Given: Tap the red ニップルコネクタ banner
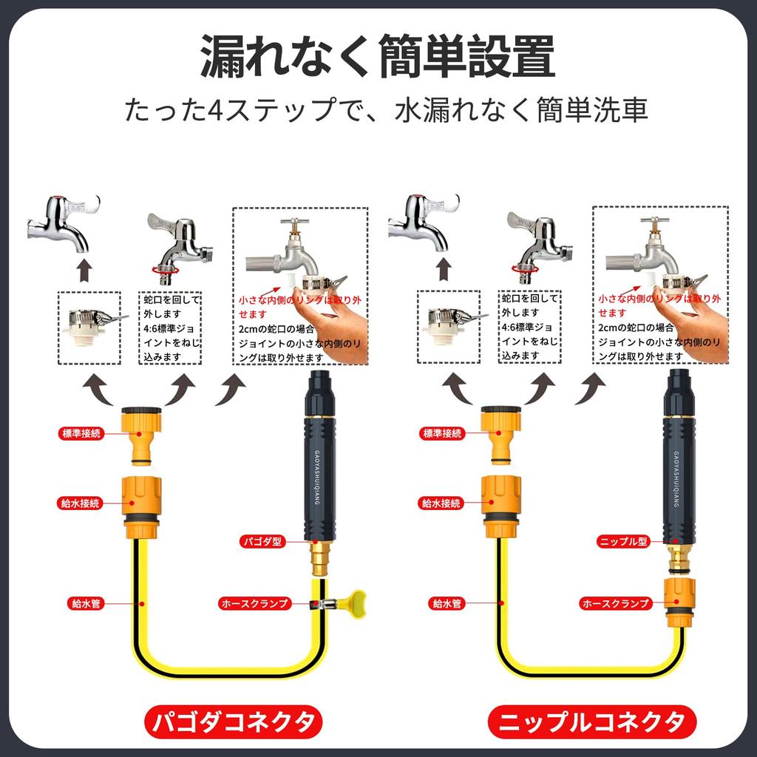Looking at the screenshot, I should (x=591, y=721).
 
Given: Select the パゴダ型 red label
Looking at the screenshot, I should (x=262, y=542).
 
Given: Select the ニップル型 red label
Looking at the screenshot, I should (x=622, y=542).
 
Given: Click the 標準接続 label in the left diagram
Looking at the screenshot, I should (x=80, y=433).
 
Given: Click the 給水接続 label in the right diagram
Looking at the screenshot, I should (x=441, y=503).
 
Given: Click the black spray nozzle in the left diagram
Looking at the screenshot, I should (x=319, y=458).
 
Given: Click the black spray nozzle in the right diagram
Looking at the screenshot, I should (x=679, y=458).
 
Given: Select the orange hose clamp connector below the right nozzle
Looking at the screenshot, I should (x=679, y=602).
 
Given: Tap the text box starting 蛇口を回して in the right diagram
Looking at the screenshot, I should (x=529, y=326).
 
